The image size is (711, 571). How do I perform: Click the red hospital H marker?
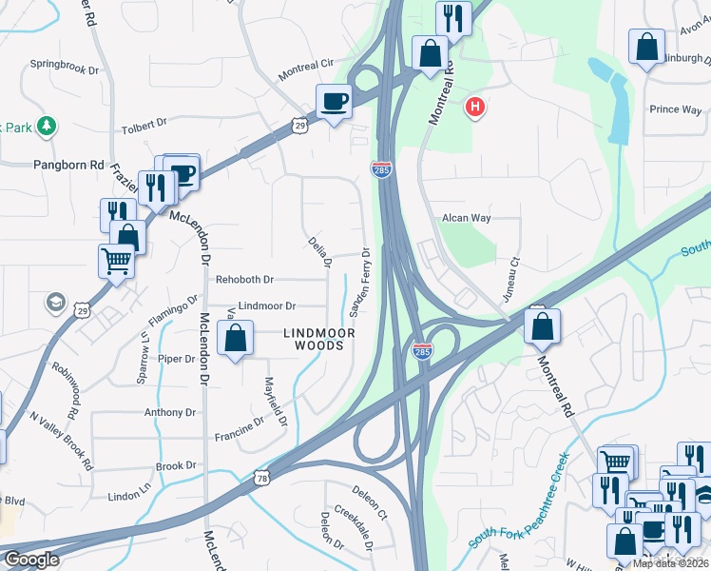474,107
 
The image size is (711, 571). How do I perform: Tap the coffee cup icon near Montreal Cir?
334,100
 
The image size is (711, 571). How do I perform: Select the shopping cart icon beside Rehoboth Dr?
116,258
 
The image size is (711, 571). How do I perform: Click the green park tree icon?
46,126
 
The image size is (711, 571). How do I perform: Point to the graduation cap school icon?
55,303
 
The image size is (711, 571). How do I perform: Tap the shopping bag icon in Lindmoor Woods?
236,338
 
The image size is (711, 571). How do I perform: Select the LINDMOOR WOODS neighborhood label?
319,340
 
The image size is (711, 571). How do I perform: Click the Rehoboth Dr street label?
244,280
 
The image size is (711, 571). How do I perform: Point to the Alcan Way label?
466,218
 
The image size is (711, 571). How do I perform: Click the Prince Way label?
676,109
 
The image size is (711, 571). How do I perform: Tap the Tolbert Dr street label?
144,124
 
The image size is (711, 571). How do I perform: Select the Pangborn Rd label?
69,165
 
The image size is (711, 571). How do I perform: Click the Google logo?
31,560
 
